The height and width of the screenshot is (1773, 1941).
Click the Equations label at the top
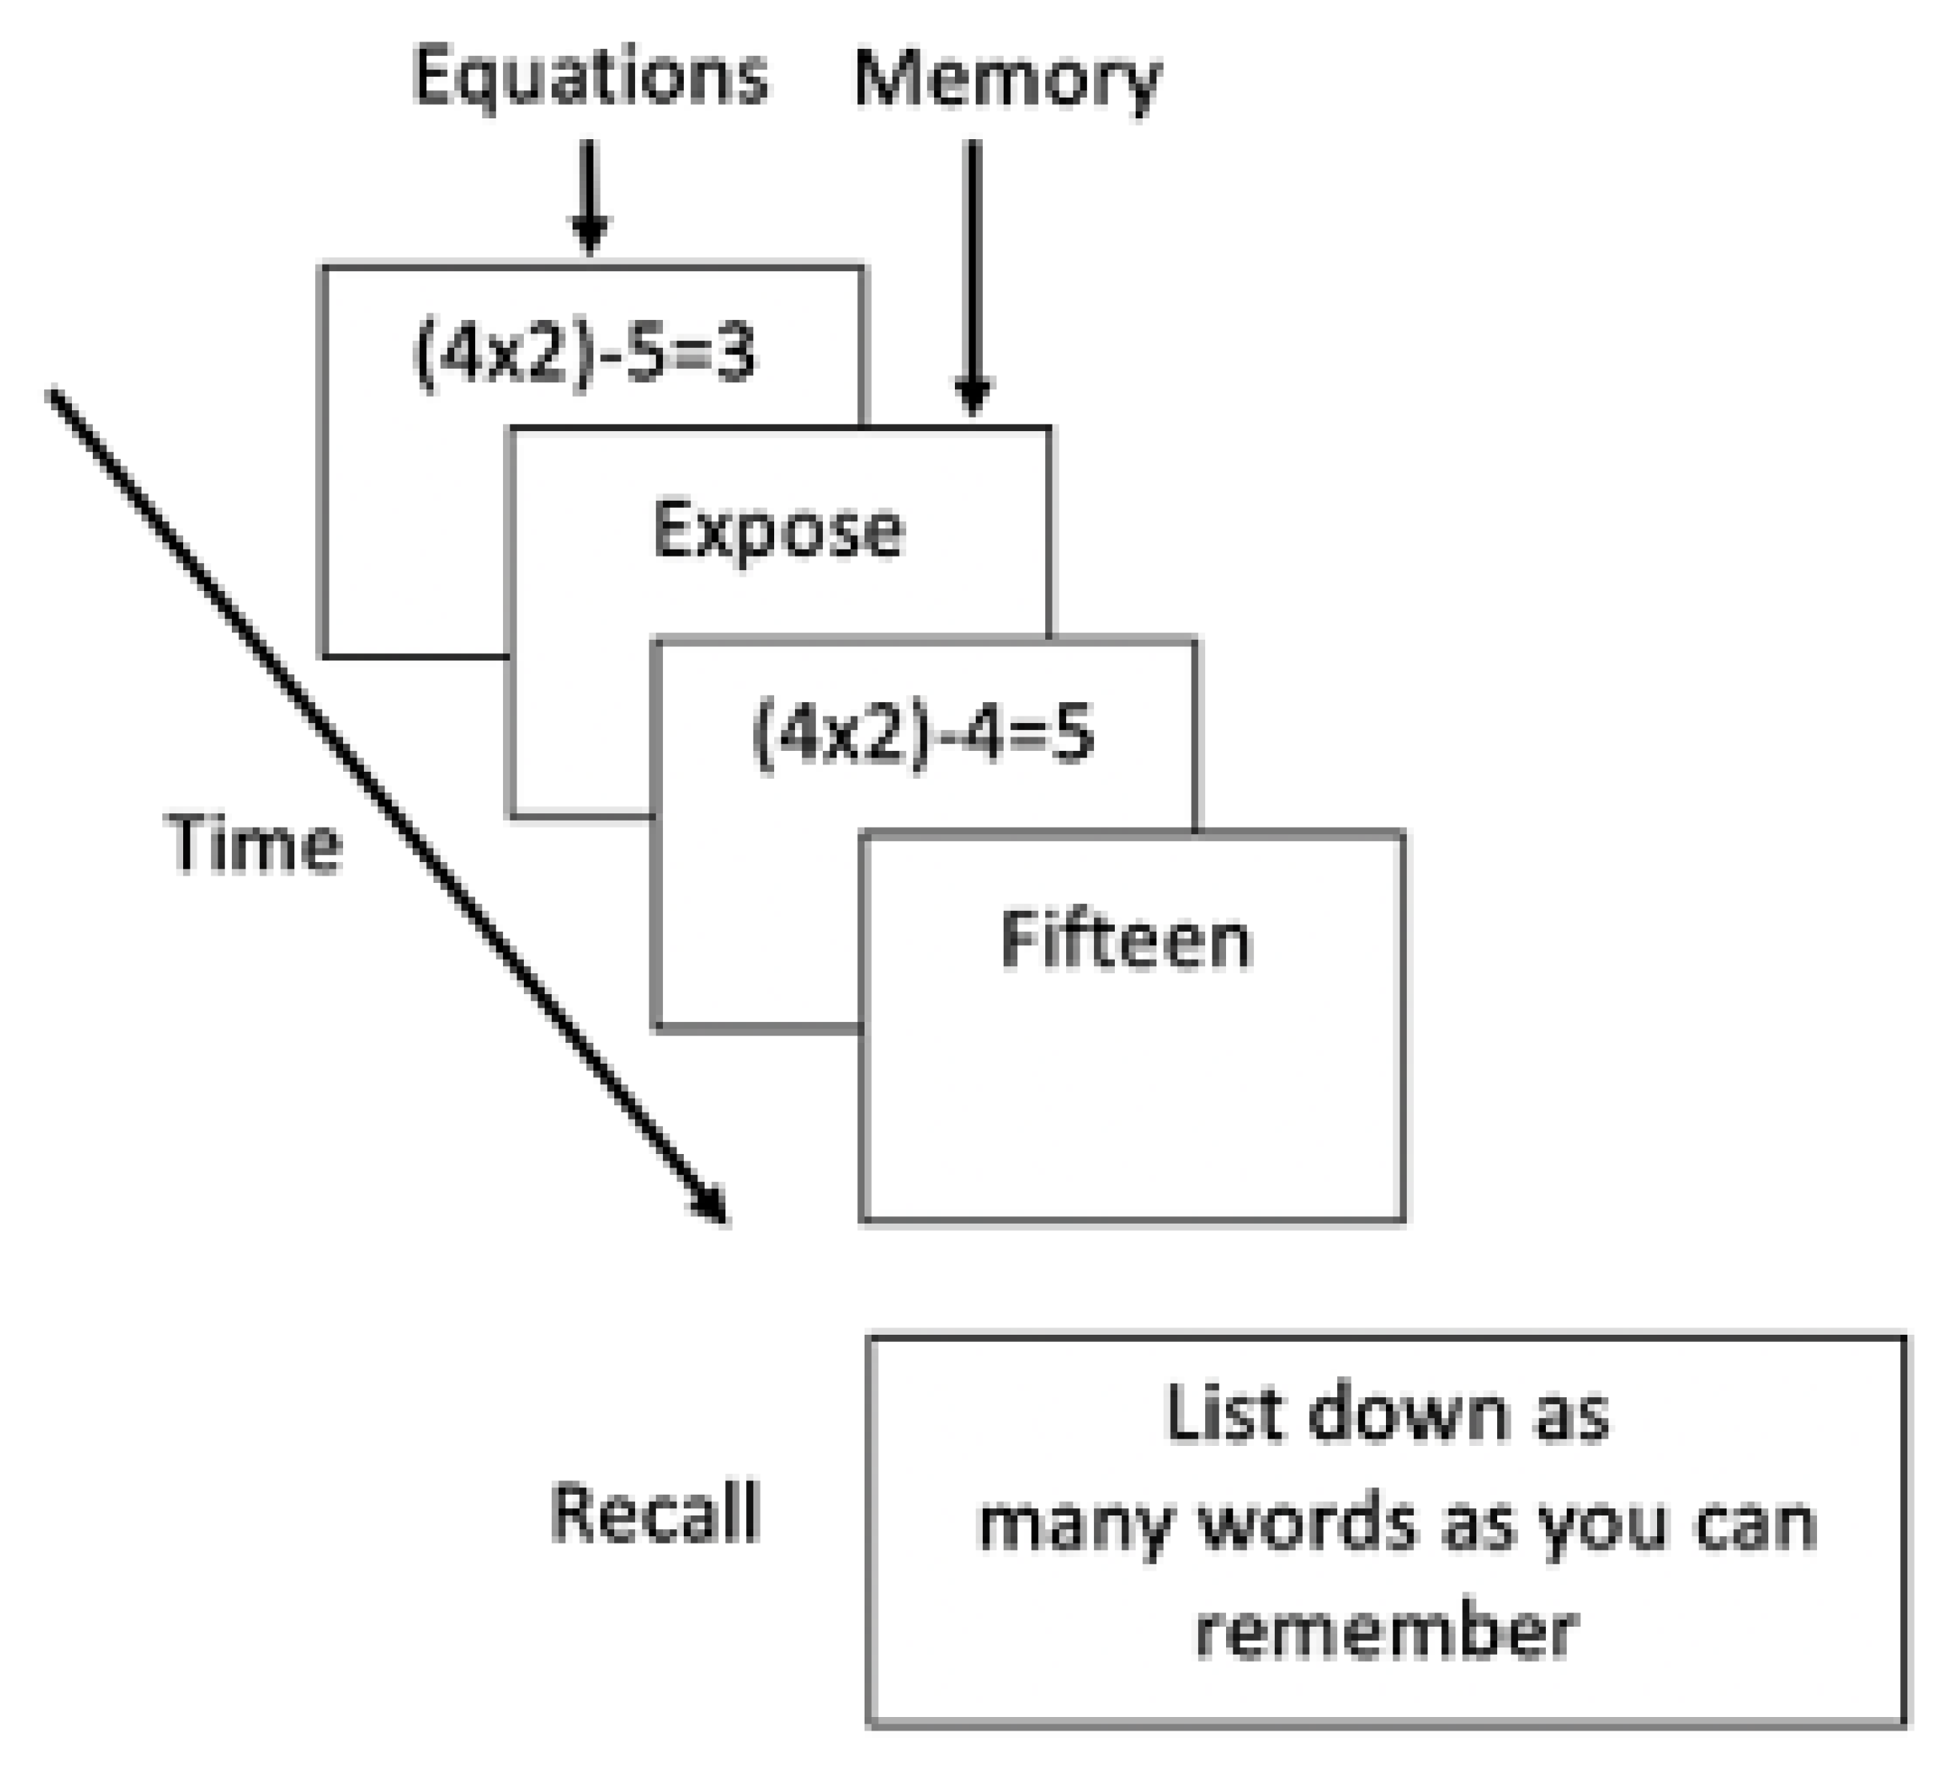(589, 77)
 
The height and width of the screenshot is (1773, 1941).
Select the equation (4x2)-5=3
(585, 354)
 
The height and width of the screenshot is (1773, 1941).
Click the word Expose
(778, 530)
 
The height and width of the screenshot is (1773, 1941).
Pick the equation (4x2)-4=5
(922, 733)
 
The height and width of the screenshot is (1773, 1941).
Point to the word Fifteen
(1125, 940)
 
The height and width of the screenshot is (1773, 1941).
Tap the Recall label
(655, 1513)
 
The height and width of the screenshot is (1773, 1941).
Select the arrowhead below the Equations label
(589, 234)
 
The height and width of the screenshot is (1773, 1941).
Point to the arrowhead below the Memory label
(973, 394)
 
